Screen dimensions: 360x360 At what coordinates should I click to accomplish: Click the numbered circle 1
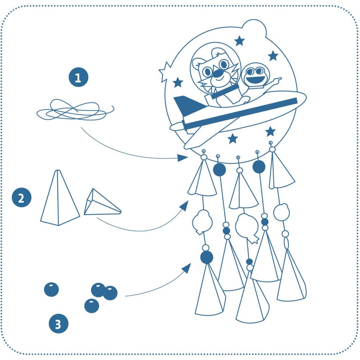point(79,77)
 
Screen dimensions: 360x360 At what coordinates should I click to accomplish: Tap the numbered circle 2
point(21,197)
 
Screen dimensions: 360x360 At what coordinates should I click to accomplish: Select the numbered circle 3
point(59,323)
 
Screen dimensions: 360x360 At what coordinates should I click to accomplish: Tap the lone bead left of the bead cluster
point(51,289)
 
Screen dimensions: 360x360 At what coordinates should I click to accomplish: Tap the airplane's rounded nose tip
point(303,97)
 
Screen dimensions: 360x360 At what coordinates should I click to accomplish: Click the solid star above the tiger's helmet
point(240,41)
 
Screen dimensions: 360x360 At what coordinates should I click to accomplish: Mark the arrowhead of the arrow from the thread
point(183,158)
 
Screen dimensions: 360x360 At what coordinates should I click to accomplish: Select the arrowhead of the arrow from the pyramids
point(184,206)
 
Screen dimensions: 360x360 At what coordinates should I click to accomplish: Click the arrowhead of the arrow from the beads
point(187,268)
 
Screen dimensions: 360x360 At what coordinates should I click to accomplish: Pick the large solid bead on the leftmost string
point(207,257)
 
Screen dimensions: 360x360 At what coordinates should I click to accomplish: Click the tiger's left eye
point(207,72)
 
